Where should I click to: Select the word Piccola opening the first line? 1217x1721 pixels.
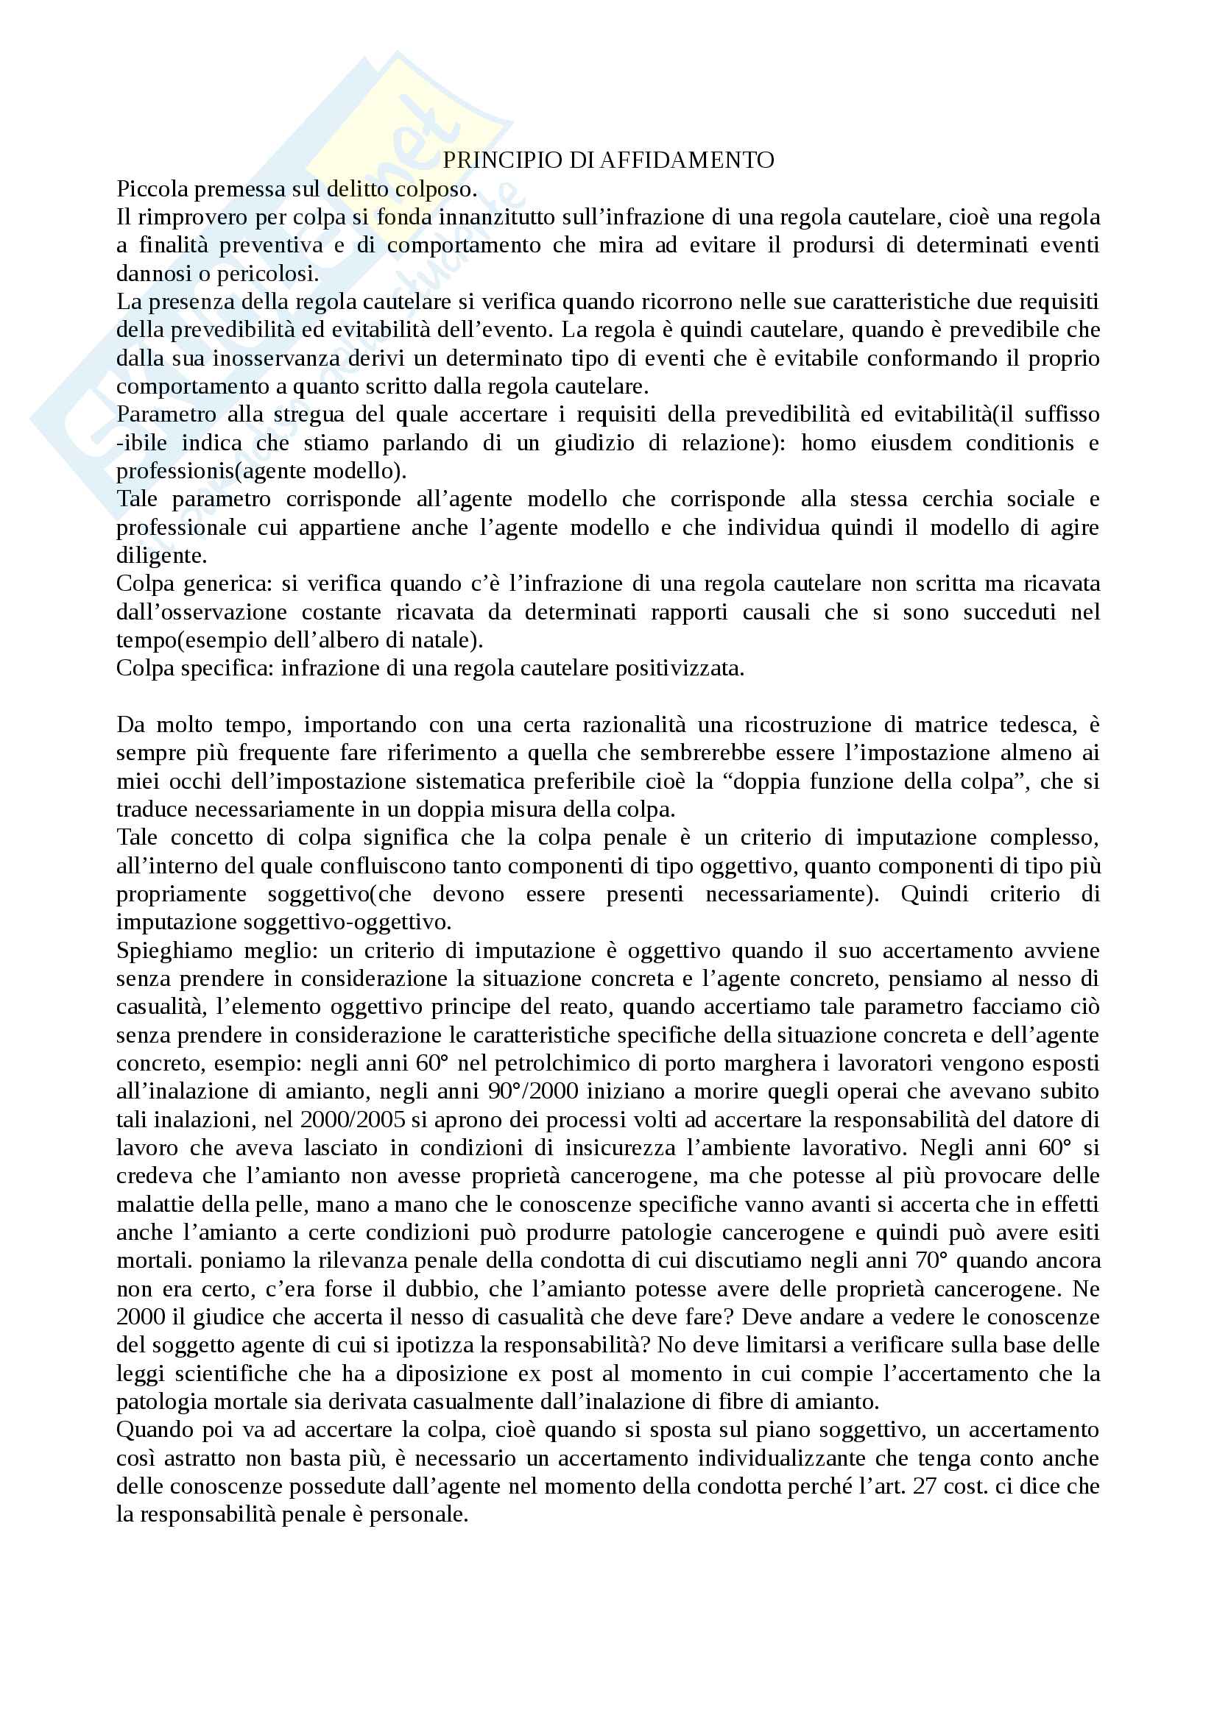tap(152, 189)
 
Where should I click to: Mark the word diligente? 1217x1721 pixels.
tap(161, 556)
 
